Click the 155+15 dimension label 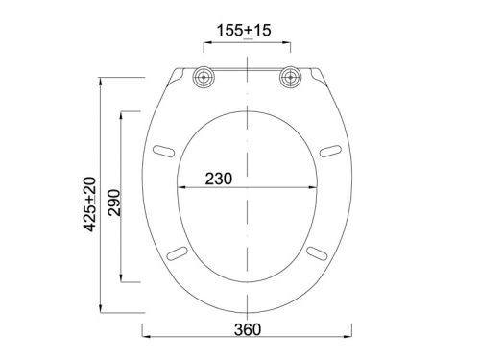(244, 31)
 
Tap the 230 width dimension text (219, 179)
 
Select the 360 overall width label (248, 329)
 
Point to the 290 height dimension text (114, 203)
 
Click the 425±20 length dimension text (89, 204)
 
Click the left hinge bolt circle (204, 77)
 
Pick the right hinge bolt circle (291, 77)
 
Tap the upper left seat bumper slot (163, 151)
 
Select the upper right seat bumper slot (330, 151)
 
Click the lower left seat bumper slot (177, 253)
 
